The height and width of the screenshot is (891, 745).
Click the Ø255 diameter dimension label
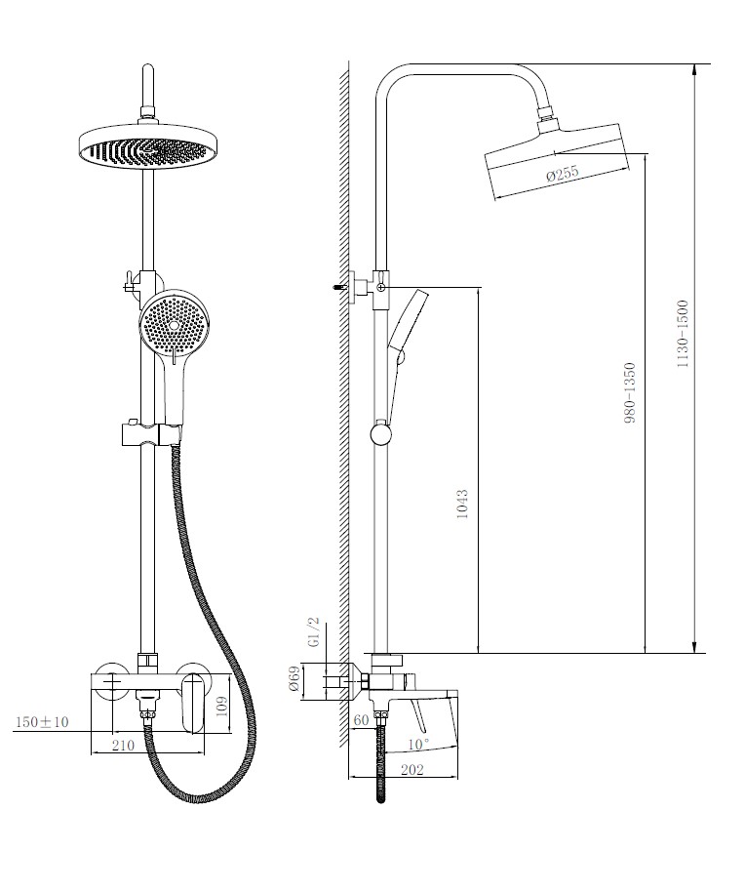point(562,173)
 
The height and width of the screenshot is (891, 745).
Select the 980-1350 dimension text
point(630,393)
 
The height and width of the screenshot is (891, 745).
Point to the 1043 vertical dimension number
point(462,504)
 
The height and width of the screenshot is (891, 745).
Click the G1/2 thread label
point(314,631)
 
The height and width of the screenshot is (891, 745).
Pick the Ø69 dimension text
point(294,680)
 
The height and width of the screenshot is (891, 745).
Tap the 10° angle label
point(418,744)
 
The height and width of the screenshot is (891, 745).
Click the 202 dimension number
point(412,769)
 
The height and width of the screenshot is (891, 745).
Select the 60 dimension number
point(361,720)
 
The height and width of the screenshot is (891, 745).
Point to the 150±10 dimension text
point(42,721)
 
